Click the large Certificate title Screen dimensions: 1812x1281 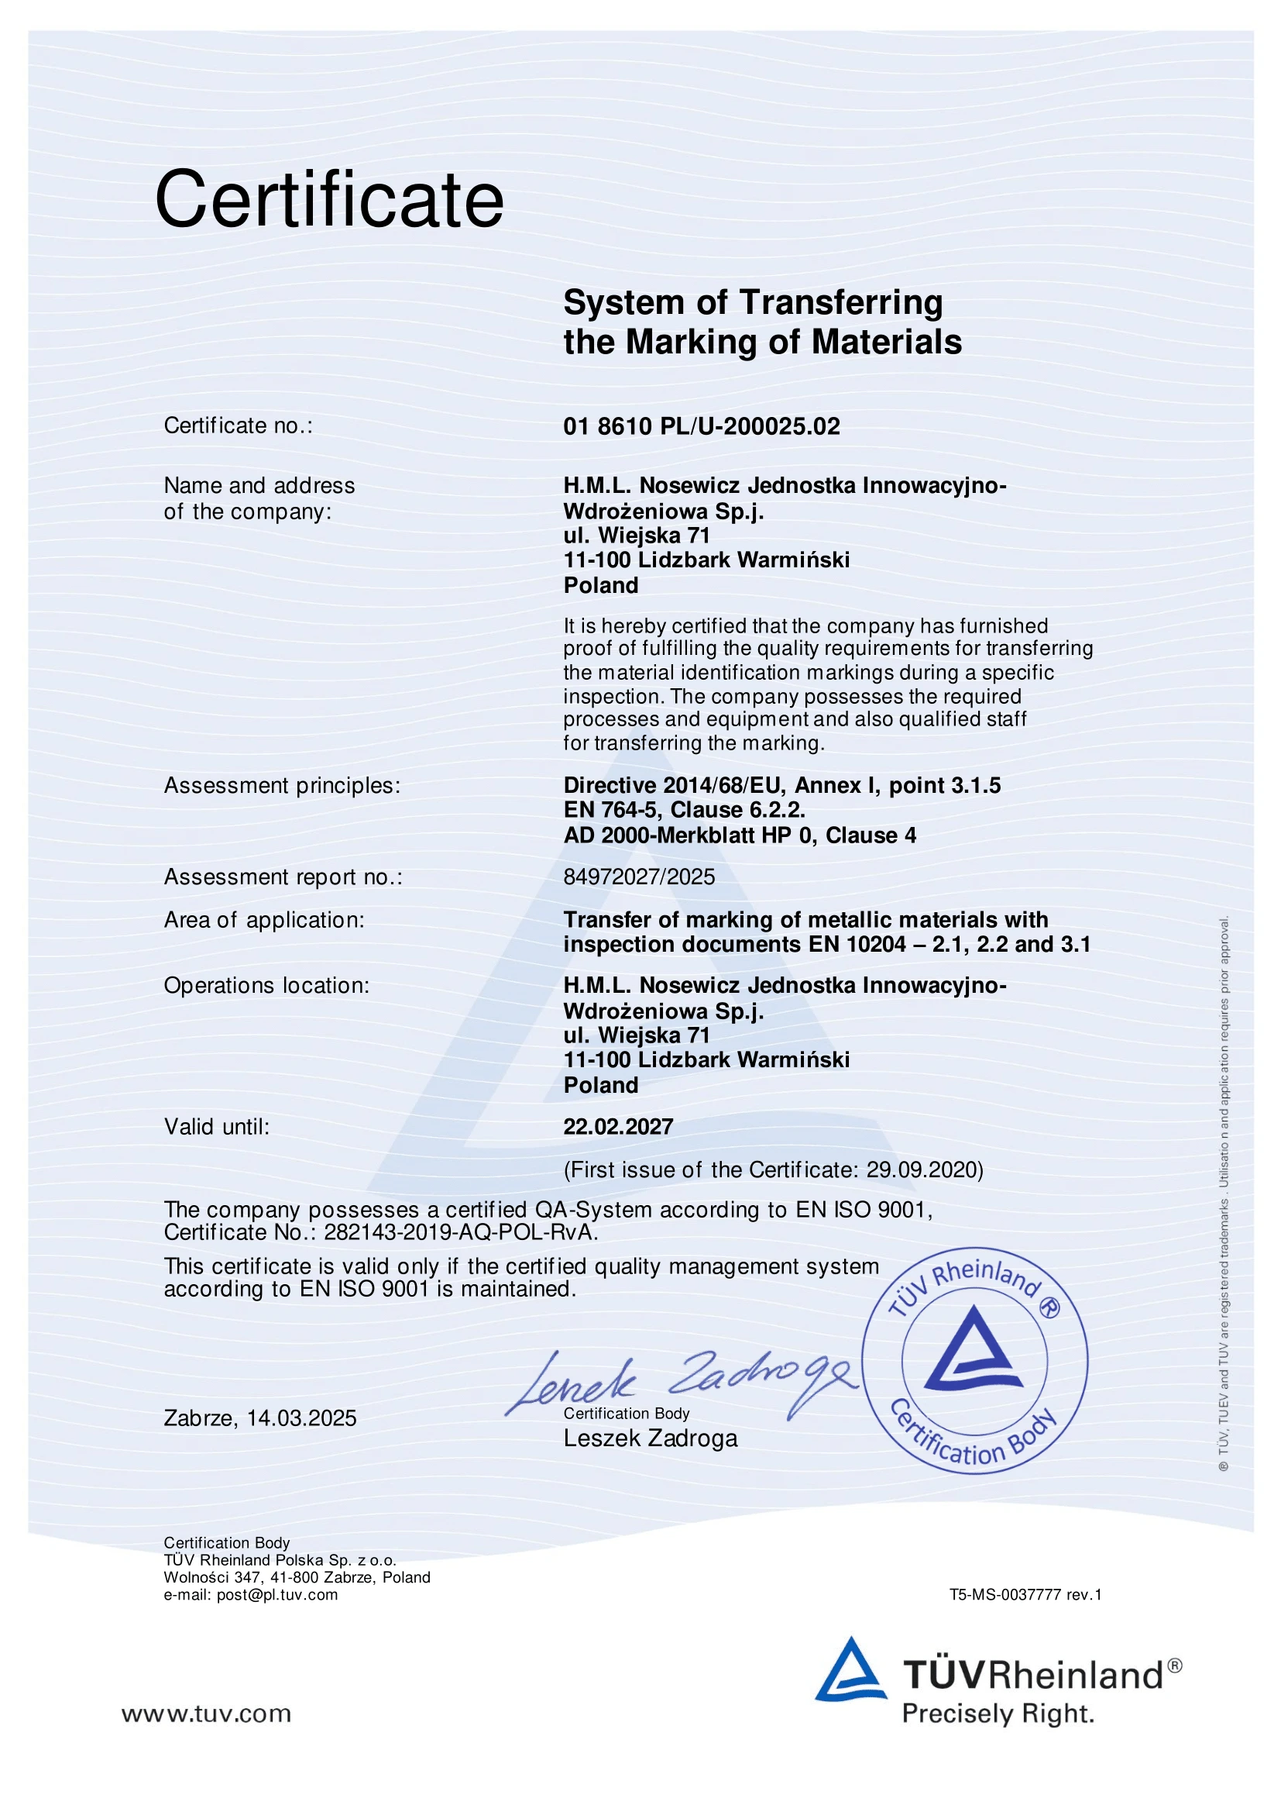point(329,200)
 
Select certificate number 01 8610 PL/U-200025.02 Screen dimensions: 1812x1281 point(701,426)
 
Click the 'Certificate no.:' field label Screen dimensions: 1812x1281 point(239,425)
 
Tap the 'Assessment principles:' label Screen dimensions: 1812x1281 point(282,785)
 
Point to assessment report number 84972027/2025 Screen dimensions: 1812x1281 point(639,877)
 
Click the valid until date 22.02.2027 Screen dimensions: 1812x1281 point(618,1126)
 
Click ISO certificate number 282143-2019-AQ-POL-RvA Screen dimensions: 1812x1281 point(460,1232)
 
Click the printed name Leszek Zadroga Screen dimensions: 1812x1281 point(650,1438)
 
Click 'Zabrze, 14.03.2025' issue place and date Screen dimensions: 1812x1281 point(259,1418)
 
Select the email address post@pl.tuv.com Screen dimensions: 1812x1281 point(276,1595)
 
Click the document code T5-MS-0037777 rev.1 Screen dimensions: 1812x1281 point(1025,1595)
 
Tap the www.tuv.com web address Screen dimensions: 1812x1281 point(206,1714)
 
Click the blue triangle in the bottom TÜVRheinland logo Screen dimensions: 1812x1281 point(850,1672)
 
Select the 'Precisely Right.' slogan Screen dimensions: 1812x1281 point(998,1715)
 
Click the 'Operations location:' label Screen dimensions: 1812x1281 point(266,986)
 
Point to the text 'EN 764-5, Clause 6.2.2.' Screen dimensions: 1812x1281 point(684,810)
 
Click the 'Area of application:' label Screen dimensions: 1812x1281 point(264,920)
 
